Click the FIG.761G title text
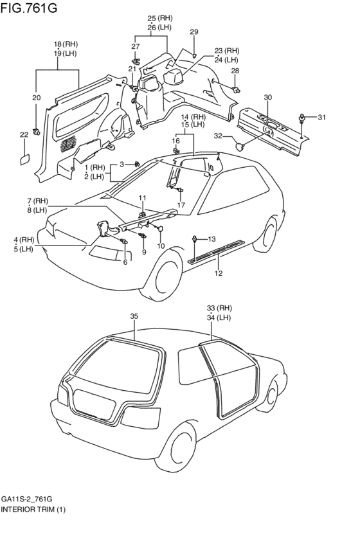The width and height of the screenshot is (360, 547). [28, 7]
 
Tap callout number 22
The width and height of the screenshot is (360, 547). [24, 135]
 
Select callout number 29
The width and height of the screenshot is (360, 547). [194, 31]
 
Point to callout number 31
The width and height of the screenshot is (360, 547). [321, 118]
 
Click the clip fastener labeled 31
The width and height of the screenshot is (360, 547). [301, 118]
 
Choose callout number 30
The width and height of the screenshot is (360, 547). [267, 97]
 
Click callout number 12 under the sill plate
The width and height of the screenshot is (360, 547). [219, 274]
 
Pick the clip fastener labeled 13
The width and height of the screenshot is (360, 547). [194, 239]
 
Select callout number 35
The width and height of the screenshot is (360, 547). [134, 316]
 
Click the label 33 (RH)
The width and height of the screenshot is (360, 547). [219, 308]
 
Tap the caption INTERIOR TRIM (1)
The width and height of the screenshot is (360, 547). [33, 509]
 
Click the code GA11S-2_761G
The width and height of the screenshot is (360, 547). [27, 499]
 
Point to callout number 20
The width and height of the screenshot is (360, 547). [36, 98]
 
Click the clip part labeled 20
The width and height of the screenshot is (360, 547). [36, 132]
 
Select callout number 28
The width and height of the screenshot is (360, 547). [235, 71]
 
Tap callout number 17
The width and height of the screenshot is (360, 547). [181, 205]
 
